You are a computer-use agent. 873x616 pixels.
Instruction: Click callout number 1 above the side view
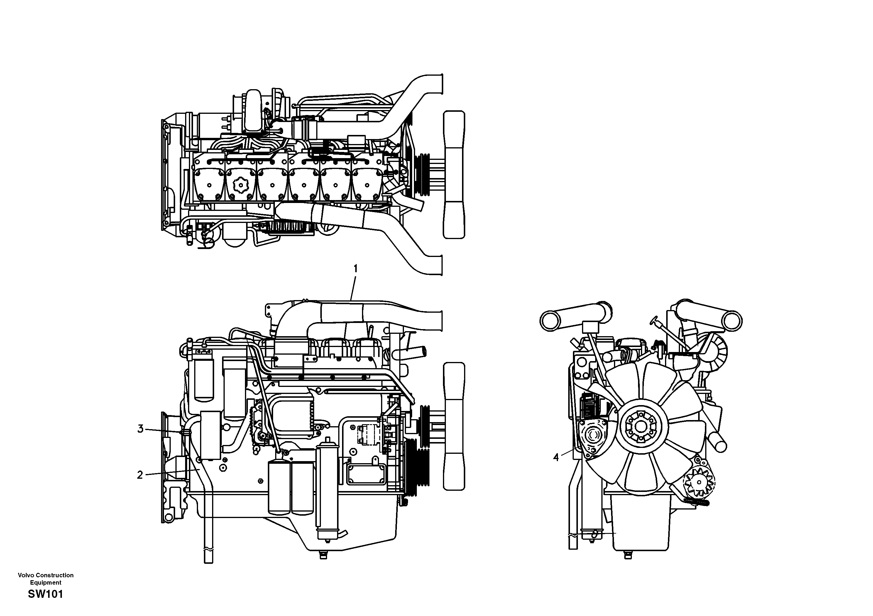356,269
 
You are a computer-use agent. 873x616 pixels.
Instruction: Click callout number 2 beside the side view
140,475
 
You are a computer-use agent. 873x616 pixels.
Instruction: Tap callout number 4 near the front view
556,458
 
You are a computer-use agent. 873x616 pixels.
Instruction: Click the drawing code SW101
45,594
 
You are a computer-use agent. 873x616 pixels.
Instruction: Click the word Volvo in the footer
26,575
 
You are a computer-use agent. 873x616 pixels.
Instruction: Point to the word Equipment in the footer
46,583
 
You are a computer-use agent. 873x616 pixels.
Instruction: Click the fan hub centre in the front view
642,427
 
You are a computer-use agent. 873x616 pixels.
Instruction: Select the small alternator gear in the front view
699,482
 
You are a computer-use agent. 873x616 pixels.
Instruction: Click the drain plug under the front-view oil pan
628,556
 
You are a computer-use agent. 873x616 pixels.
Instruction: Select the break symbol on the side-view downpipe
208,549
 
